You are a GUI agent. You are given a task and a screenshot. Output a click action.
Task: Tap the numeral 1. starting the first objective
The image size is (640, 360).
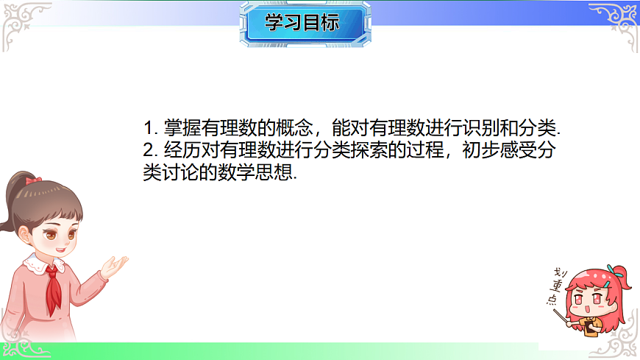(149, 127)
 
